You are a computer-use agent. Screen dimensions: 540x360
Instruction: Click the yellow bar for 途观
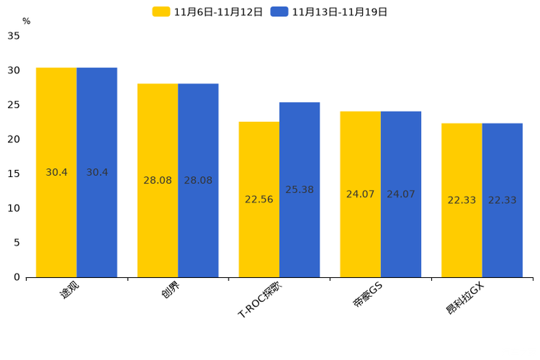(x=57, y=172)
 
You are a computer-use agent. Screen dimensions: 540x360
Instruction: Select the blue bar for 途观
(x=97, y=172)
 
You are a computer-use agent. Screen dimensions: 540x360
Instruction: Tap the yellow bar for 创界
(x=157, y=180)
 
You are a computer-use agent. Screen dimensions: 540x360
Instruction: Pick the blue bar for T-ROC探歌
(x=300, y=189)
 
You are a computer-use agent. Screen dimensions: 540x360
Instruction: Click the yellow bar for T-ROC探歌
(x=259, y=200)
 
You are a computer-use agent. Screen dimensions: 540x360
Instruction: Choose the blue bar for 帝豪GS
(x=401, y=195)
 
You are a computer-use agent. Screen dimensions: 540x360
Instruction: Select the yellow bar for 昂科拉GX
(x=462, y=200)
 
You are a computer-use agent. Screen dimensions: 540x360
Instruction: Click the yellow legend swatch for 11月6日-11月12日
(x=161, y=12)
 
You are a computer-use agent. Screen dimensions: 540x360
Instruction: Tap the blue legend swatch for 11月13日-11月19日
(x=279, y=12)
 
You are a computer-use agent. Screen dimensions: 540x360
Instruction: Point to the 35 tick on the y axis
(x=14, y=36)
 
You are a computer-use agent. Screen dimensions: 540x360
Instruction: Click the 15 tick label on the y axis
(x=14, y=173)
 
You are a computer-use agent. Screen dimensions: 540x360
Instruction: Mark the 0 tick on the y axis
(x=17, y=277)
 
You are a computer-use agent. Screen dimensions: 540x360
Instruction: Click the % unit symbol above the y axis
(x=27, y=21)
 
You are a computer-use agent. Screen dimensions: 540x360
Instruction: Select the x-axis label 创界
(x=171, y=290)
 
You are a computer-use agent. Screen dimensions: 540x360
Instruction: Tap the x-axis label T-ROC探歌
(x=260, y=299)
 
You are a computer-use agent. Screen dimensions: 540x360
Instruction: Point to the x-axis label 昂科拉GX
(x=465, y=298)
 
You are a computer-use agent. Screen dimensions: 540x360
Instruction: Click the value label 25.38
(x=300, y=189)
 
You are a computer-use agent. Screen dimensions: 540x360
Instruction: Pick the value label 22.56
(x=259, y=200)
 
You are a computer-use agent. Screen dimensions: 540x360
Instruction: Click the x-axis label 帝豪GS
(x=368, y=294)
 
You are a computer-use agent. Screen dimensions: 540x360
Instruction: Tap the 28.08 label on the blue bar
(x=198, y=180)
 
